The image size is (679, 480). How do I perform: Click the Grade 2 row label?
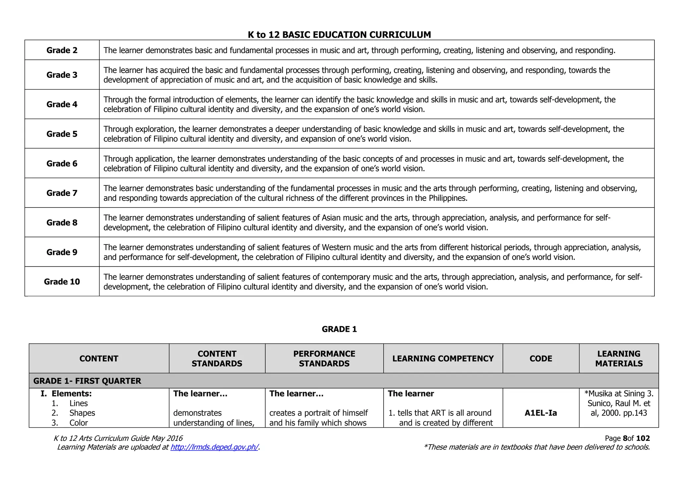[62, 50]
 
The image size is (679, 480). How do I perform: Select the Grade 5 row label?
[62, 134]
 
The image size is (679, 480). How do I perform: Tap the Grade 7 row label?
[62, 193]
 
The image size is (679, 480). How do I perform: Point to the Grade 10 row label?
[62, 282]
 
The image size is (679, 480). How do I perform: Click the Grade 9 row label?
[62, 252]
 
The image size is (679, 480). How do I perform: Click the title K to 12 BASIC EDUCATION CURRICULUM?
[339, 34]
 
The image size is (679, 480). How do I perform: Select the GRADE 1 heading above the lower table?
[339, 329]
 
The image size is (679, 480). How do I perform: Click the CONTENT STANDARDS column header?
[217, 359]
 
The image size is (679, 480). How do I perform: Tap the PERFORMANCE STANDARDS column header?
[324, 359]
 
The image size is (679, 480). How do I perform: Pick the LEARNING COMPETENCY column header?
[443, 359]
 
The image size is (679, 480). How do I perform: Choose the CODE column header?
[541, 359]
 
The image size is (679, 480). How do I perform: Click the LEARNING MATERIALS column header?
[619, 359]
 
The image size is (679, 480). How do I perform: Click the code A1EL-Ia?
[541, 413]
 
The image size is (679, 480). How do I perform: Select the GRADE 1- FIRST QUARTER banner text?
[87, 381]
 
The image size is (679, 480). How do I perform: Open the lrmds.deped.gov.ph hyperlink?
[214, 447]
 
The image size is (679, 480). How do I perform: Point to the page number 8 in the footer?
[625, 439]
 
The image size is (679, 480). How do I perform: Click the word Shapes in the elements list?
[82, 413]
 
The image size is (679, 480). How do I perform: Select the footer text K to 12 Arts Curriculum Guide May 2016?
[118, 439]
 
